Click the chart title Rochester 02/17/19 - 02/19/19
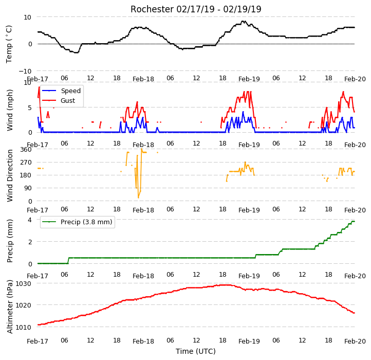tap(196, 9)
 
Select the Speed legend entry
tap(61, 91)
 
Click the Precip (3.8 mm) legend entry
tap(77, 222)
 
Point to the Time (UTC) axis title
tap(196, 351)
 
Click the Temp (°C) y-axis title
tap(9, 44)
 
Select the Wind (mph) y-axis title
tap(9, 110)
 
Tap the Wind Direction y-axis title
tap(9, 175)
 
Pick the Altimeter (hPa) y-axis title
tap(9, 307)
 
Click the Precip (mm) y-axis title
tap(9, 241)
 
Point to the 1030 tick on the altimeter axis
tap(24, 284)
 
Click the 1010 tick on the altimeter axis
tap(24, 327)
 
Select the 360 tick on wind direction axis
tap(26, 150)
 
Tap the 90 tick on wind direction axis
tap(28, 188)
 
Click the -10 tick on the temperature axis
tap(25, 71)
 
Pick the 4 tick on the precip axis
tap(30, 220)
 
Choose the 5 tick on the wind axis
tap(30, 108)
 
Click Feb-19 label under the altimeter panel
tap(249, 341)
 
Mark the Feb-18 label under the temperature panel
tap(143, 79)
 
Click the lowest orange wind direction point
tap(138, 197)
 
